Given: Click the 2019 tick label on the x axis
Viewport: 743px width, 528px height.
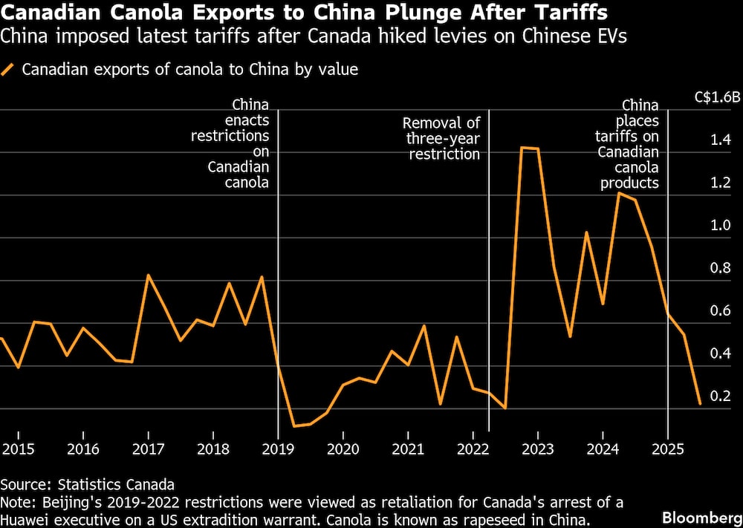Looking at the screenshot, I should pyautogui.click(x=278, y=449).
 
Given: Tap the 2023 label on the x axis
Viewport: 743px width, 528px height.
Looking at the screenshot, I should pyautogui.click(x=537, y=449).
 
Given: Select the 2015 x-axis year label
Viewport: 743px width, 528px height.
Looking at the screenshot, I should pyautogui.click(x=17, y=449).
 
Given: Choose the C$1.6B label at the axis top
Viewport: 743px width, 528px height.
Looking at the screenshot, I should pyautogui.click(x=716, y=97).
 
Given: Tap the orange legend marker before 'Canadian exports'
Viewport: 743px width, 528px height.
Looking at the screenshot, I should pyautogui.click(x=9, y=71).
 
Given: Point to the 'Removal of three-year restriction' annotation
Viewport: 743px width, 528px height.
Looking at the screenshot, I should pyautogui.click(x=441, y=138).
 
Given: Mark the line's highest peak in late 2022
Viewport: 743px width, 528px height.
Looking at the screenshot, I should pyautogui.click(x=522, y=148).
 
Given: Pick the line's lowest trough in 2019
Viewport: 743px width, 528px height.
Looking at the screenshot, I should pyautogui.click(x=294, y=426).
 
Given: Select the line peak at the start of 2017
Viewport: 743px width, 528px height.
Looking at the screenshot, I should pyautogui.click(x=149, y=276).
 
